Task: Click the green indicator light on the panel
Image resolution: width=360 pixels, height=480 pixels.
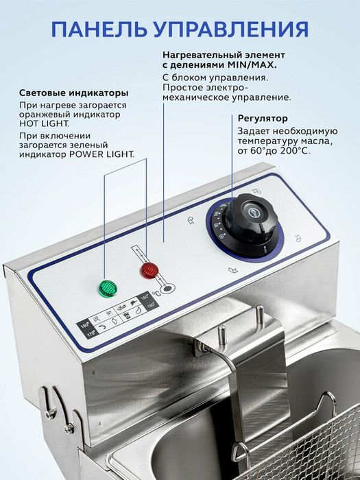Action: coord(107,288)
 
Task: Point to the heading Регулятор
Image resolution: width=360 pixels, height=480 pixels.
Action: coord(263,118)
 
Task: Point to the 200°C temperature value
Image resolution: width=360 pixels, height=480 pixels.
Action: coord(295,150)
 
